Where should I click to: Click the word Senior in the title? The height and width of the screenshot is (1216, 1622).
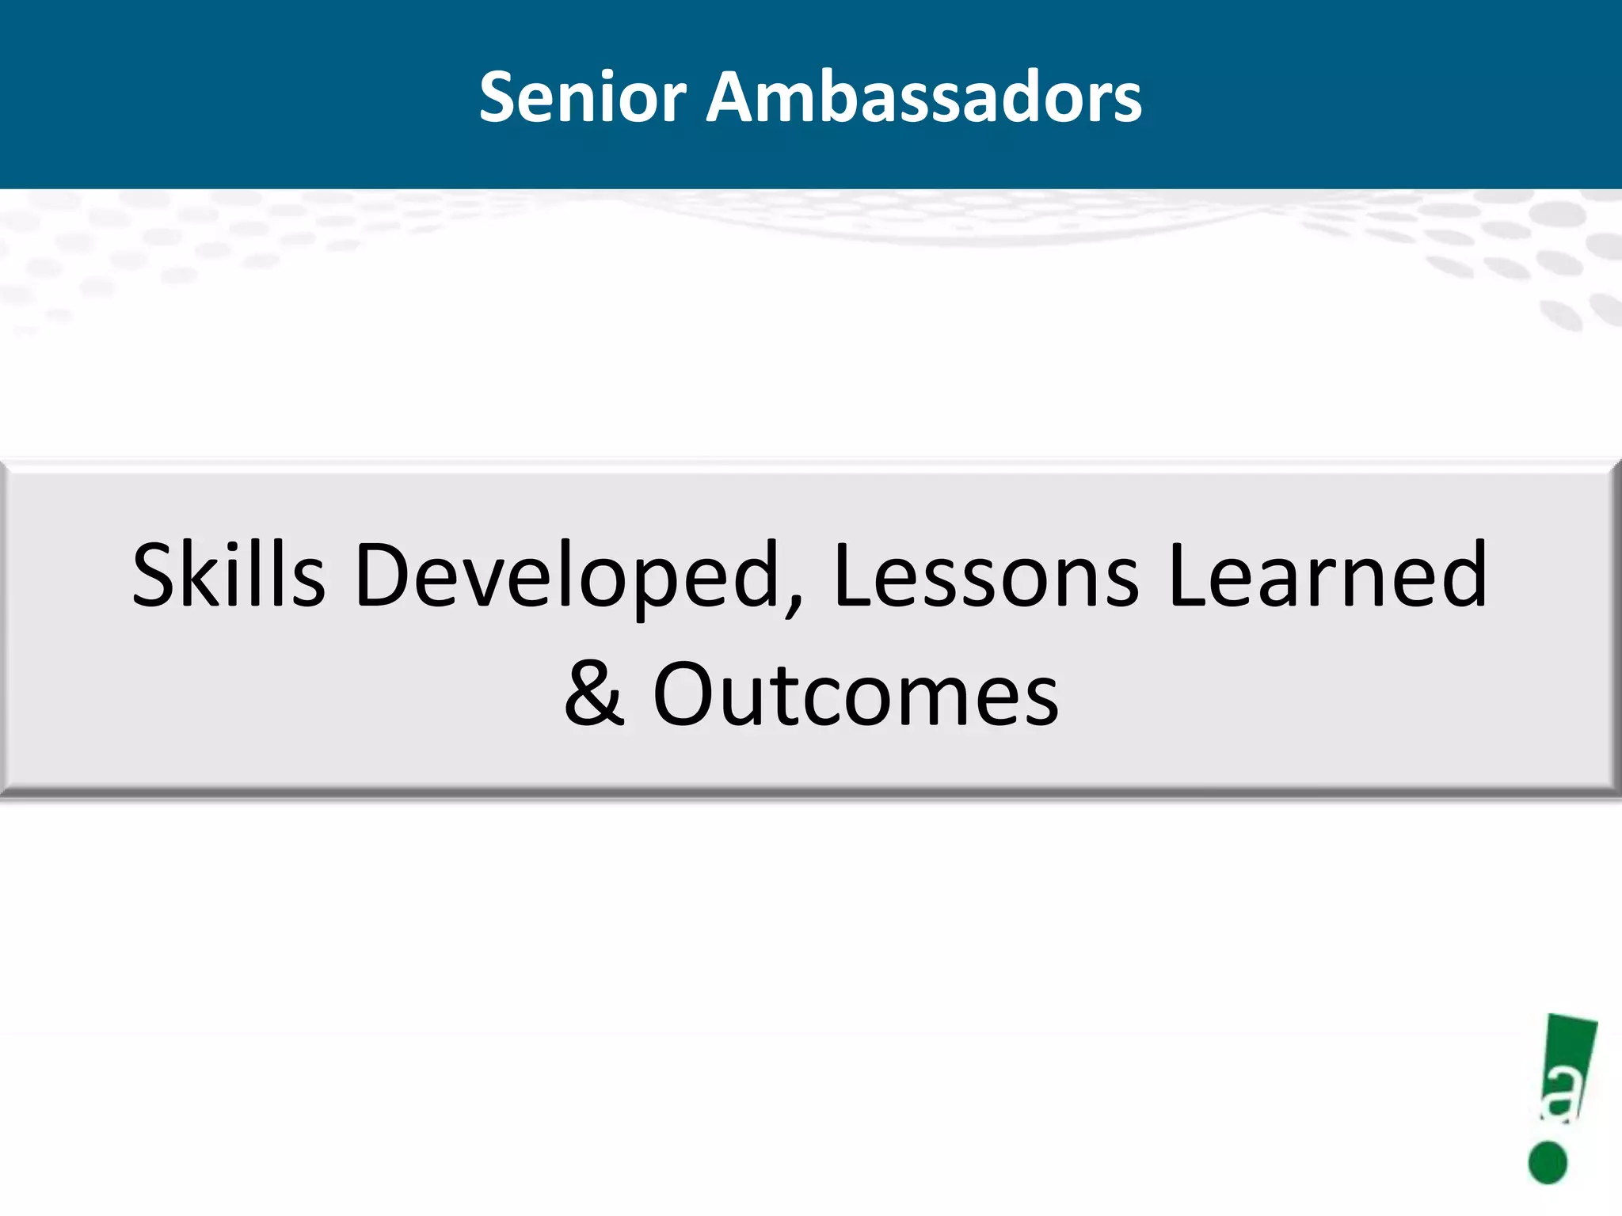[582, 97]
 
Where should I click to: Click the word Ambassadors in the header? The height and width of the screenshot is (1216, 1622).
[923, 97]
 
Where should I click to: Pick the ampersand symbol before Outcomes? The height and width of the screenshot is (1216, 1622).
[594, 693]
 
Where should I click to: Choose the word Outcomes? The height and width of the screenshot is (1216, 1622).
[855, 695]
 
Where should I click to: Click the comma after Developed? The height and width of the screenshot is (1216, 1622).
[794, 606]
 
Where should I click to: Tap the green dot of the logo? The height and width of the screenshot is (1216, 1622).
[1548, 1163]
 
